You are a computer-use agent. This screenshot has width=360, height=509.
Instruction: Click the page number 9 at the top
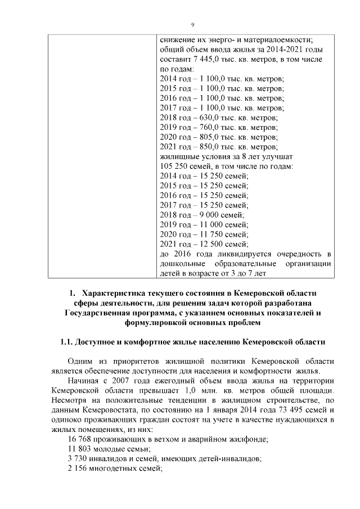(x=192, y=25)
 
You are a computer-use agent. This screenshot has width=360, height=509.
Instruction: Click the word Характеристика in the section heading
(x=118, y=294)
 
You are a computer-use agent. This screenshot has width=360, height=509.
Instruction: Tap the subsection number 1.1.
(x=67, y=343)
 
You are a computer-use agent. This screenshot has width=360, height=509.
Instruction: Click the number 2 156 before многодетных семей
(x=78, y=468)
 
